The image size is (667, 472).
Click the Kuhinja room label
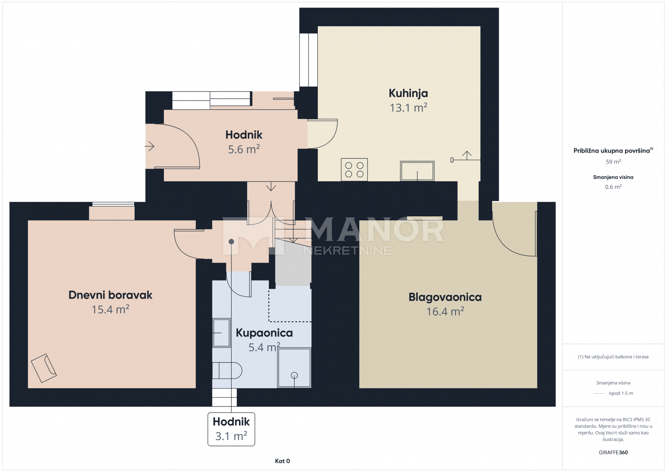click(x=408, y=94)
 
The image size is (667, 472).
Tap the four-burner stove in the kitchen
click(x=354, y=170)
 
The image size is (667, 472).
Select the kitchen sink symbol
click(x=417, y=171)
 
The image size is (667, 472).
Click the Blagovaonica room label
click(x=445, y=297)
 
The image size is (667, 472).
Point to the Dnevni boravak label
click(x=111, y=295)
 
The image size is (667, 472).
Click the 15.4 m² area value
click(x=111, y=309)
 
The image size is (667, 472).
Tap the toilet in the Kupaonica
click(x=227, y=371)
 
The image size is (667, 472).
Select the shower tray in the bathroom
click(x=294, y=368)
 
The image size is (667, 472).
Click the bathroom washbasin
click(x=221, y=333)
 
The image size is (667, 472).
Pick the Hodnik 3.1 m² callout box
click(x=231, y=429)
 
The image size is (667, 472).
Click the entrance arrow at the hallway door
click(x=149, y=146)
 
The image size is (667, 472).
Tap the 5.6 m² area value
click(x=244, y=149)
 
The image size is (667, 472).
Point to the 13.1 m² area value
click(x=409, y=108)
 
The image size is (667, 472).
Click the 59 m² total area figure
click(x=613, y=162)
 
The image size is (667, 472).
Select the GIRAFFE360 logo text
click(x=613, y=452)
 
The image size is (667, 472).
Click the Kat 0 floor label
click(x=282, y=461)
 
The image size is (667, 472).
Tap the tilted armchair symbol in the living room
click(x=44, y=368)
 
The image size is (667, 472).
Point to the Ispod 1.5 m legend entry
click(x=621, y=393)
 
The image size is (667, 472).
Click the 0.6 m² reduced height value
click(x=613, y=187)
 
